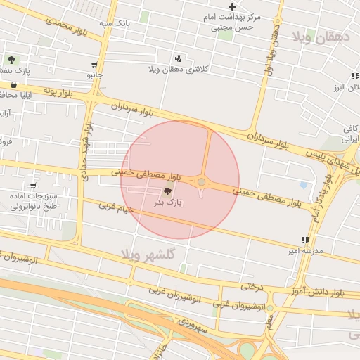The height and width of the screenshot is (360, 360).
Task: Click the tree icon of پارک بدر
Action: (x=168, y=191)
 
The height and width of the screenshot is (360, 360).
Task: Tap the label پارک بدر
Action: (x=169, y=202)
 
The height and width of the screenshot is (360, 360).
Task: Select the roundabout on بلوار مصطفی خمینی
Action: (x=202, y=182)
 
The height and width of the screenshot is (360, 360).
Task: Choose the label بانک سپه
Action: (x=114, y=23)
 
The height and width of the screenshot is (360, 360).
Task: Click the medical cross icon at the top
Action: (x=233, y=6)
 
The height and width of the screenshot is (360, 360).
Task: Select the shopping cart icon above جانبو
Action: (x=95, y=64)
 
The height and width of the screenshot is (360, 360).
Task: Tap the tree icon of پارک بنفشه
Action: (x=12, y=60)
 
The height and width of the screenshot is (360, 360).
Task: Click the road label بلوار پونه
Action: (x=58, y=91)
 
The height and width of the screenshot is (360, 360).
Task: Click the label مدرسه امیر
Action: (x=304, y=250)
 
